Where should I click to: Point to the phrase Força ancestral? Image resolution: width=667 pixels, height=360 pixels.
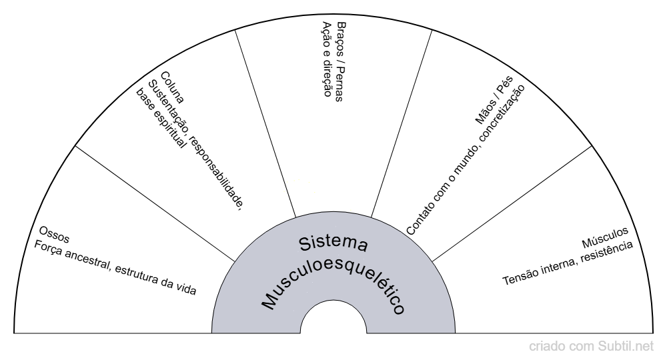pos(73,257)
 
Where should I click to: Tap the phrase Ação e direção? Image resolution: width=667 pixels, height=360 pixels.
pos(327,59)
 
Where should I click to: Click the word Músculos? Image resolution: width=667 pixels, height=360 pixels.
pos(605,236)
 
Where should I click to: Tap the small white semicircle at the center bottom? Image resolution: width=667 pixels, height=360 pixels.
pos(333,320)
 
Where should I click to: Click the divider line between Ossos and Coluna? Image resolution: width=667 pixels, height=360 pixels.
pos(153,203)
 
